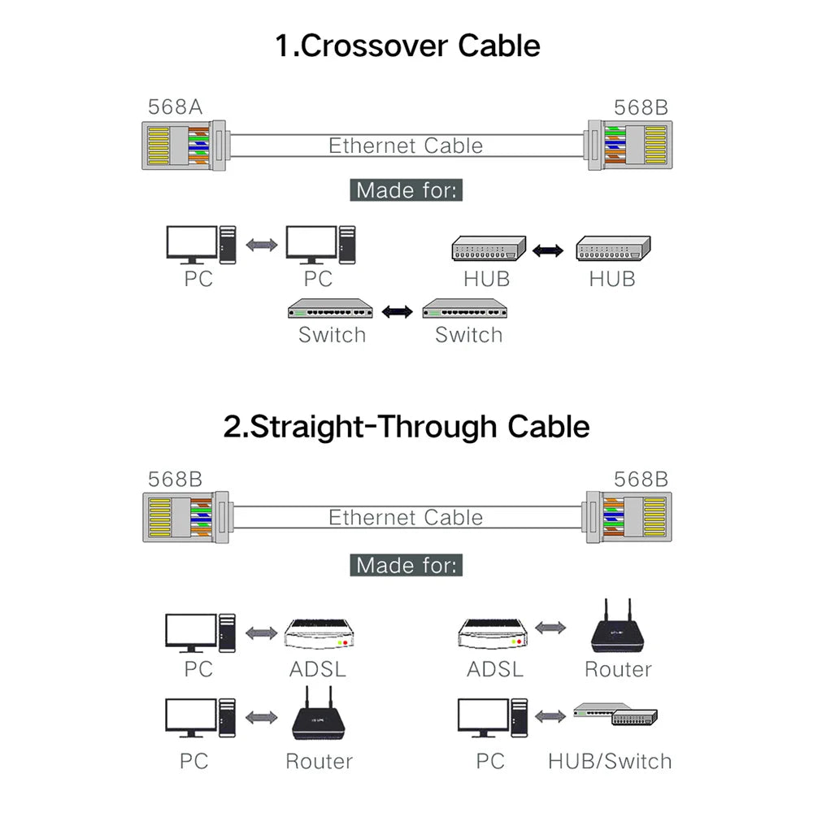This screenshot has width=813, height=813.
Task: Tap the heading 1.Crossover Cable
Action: point(406,45)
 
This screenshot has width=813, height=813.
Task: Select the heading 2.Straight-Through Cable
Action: point(406,426)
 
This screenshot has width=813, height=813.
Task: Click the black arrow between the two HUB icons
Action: point(549,249)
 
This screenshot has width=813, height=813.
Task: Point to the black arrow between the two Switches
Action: point(397,311)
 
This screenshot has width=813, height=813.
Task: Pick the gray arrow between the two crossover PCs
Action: point(260,244)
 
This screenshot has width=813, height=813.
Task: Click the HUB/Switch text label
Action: point(610,762)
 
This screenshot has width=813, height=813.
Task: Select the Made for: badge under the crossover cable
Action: point(406,191)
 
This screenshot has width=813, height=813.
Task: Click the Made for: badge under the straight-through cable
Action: point(406,565)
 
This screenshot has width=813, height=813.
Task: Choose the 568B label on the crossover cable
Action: point(641,107)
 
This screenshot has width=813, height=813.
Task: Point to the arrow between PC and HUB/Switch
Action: point(550,716)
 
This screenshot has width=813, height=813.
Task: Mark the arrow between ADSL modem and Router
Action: point(550,628)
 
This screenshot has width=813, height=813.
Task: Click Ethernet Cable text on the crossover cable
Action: point(406,146)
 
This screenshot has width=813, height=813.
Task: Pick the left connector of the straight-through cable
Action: point(183,518)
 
